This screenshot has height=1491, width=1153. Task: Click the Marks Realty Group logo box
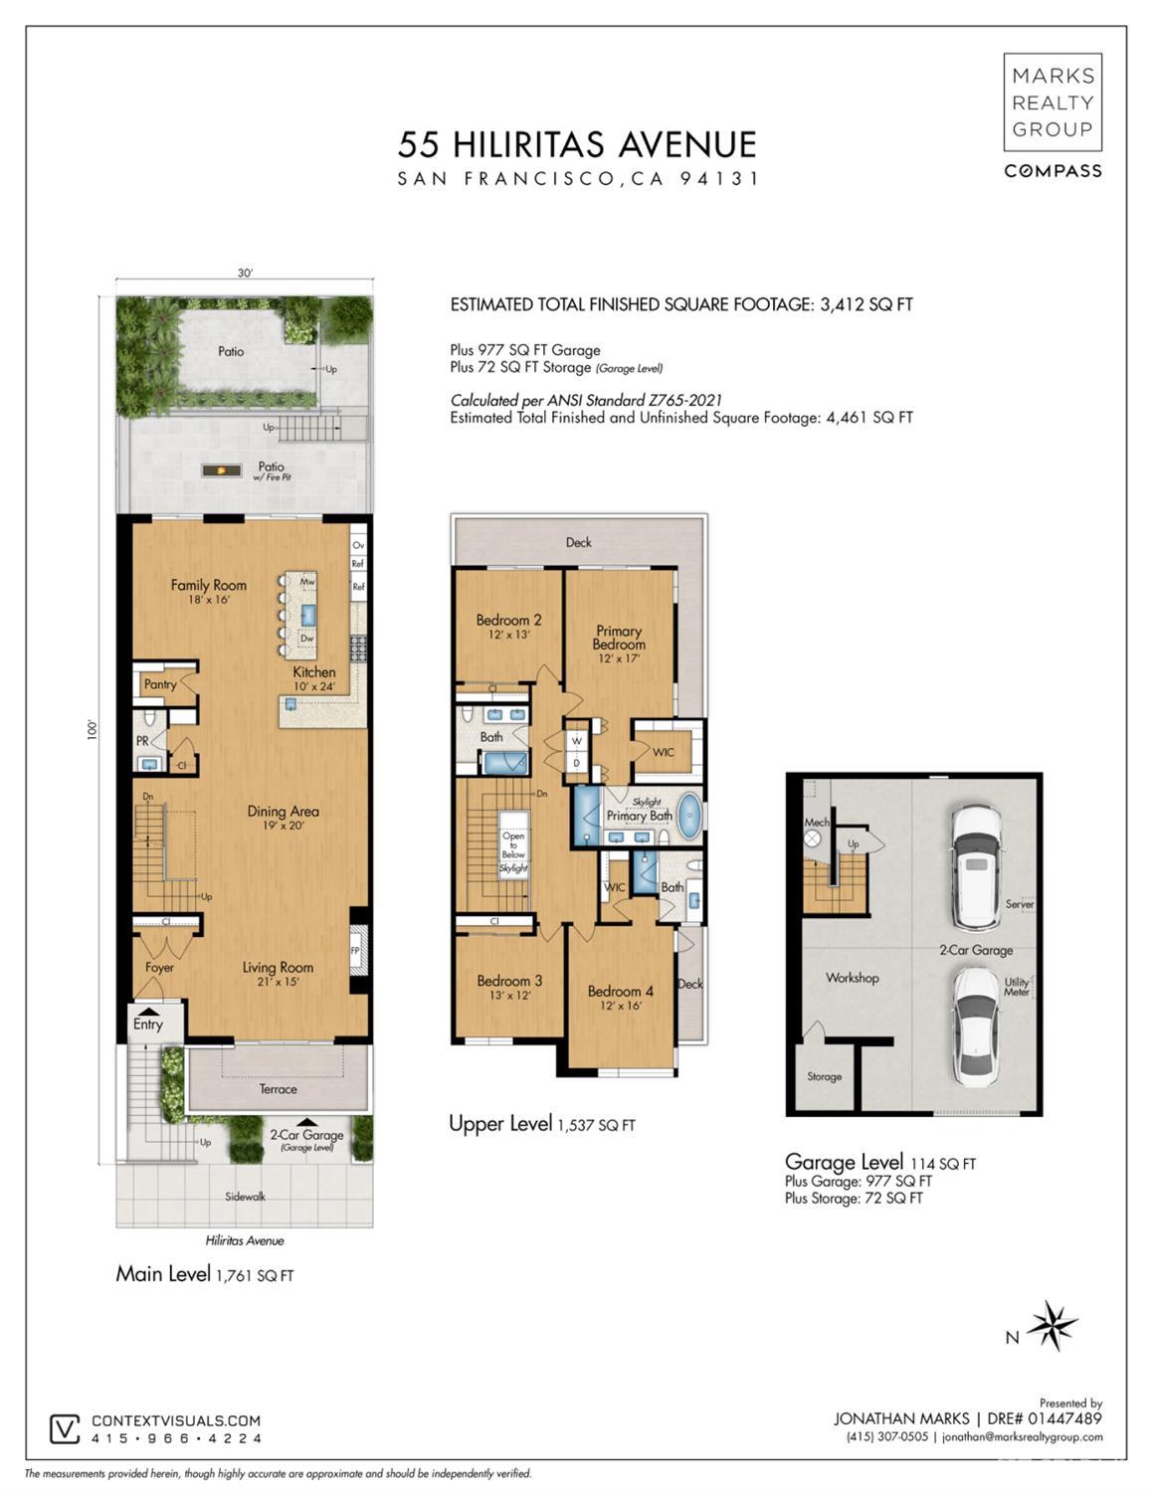click(1052, 102)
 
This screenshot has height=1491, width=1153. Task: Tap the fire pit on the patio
click(221, 469)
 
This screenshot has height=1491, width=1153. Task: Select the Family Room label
click(208, 585)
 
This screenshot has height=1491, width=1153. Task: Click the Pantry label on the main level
click(160, 684)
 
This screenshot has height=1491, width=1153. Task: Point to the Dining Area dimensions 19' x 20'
click(283, 826)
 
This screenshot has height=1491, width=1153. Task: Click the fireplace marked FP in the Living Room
click(356, 950)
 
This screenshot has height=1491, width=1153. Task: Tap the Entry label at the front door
click(147, 1025)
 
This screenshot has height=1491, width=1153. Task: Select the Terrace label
click(278, 1089)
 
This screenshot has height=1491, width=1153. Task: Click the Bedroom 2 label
click(508, 620)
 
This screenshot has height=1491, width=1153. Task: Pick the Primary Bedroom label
click(618, 638)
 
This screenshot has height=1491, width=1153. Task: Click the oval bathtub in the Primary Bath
click(688, 814)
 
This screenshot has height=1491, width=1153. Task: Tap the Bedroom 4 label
click(620, 991)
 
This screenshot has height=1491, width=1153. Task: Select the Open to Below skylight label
click(513, 850)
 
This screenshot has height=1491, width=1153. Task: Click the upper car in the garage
click(975, 866)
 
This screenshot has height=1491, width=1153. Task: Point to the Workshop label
click(852, 978)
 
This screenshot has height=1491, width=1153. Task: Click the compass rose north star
click(1052, 1325)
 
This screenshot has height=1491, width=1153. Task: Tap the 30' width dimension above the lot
click(245, 274)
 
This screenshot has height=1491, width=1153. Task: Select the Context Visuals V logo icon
click(65, 1429)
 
